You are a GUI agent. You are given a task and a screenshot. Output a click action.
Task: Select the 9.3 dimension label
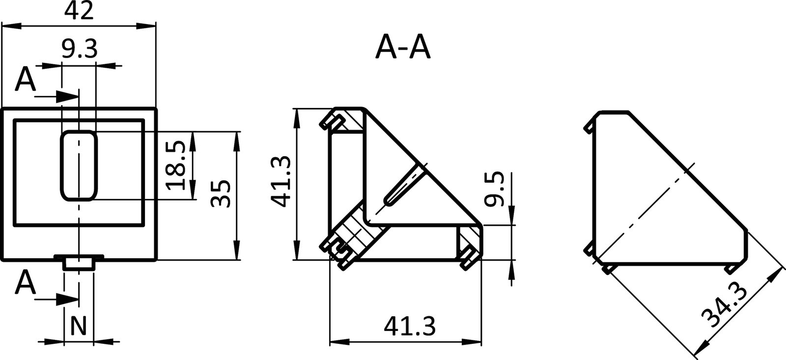(x=79, y=49)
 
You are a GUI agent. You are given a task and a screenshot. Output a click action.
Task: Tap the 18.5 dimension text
(x=175, y=165)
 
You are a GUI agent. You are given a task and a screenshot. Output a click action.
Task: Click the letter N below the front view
(x=79, y=325)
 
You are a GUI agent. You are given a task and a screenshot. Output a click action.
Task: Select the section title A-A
(x=402, y=48)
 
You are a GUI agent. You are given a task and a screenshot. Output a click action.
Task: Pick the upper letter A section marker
(x=25, y=80)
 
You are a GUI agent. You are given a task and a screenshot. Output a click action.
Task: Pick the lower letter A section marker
(x=25, y=283)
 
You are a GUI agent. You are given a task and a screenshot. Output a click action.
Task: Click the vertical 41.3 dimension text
(x=281, y=181)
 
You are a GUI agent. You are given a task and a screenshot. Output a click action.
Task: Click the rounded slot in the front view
(x=79, y=165)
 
